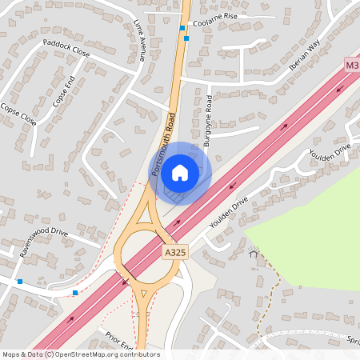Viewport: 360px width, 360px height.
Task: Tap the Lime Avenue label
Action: click(141, 41)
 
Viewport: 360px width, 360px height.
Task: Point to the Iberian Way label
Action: click(305, 54)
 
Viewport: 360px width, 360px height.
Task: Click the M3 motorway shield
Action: click(352, 63)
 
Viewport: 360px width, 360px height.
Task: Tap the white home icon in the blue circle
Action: click(180, 172)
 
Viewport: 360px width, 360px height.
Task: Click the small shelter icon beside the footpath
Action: click(254, 254)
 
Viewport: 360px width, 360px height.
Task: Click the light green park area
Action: click(312, 232)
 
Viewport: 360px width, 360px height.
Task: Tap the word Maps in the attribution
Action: click(11, 354)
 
